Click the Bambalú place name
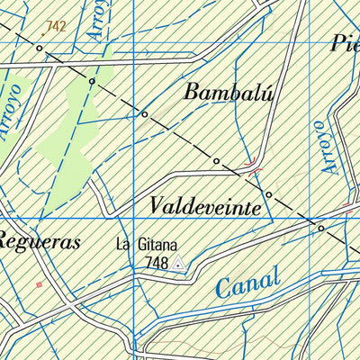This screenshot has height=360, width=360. pyautogui.click(x=228, y=91)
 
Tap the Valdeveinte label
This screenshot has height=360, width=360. pyautogui.click(x=209, y=206)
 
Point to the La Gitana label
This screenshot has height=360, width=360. pyautogui.click(x=147, y=244)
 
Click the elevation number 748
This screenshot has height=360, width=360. pyautogui.click(x=156, y=262)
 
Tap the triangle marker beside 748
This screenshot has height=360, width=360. pyautogui.click(x=178, y=263)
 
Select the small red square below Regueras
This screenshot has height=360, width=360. pyautogui.click(x=39, y=284)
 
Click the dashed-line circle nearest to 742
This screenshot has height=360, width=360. pyautogui.click(x=40, y=48)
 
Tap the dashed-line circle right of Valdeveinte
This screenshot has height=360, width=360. pyautogui.click(x=267, y=194)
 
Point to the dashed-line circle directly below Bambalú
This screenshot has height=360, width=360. pyautogui.click(x=216, y=160)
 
